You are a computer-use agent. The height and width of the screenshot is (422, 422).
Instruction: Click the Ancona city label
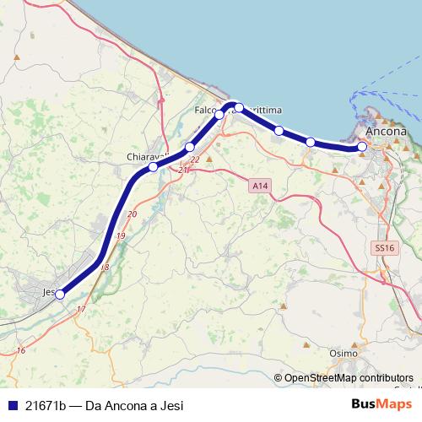[386, 133]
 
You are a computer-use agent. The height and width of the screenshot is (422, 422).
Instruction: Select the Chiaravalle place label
[142, 157]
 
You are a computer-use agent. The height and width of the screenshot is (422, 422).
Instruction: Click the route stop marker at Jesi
[59, 295]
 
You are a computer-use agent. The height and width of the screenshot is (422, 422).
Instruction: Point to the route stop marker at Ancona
[362, 147]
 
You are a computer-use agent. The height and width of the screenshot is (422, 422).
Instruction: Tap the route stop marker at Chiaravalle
[153, 167]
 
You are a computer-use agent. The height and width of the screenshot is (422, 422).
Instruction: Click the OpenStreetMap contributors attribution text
[348, 378]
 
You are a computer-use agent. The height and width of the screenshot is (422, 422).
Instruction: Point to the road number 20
[131, 214]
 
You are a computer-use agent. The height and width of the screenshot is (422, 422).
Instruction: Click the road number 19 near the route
[120, 237]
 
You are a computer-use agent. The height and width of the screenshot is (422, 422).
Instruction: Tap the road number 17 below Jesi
[81, 310]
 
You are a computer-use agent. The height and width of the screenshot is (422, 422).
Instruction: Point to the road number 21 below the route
[182, 170]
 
